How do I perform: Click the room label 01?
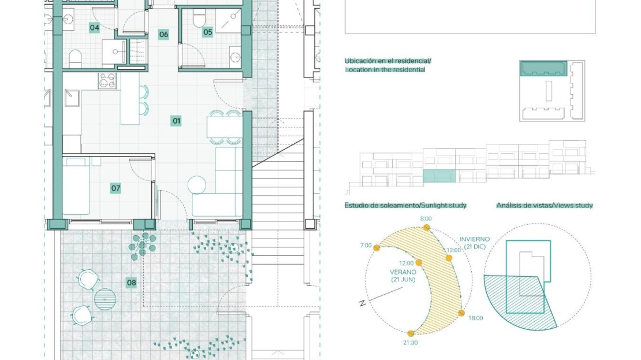176,121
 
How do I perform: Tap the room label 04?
95,28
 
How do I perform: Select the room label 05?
208,32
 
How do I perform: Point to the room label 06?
163,34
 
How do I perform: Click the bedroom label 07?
115,188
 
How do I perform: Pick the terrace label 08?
131,283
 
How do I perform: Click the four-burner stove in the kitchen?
107,80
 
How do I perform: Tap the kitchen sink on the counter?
72,98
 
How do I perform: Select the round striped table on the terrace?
105,299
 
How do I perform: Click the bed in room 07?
76,186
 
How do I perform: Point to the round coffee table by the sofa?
197,184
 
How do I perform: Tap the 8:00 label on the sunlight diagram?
426,219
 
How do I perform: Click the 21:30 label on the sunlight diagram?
411,343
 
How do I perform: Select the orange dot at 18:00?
461,313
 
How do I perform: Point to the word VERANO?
403,272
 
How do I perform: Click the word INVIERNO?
475,239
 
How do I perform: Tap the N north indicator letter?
362,303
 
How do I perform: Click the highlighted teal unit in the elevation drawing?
439,176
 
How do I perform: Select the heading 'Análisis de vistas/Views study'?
545,205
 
